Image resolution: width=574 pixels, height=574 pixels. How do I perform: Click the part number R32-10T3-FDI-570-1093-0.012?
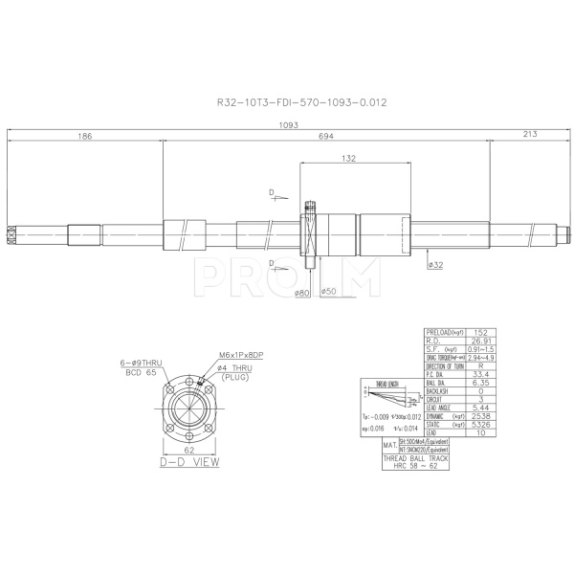coord(289,100)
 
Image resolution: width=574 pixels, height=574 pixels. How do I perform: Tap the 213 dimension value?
coord(530,137)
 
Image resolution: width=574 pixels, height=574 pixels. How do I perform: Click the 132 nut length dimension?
coord(348,159)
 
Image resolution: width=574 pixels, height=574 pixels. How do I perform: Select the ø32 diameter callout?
coord(434,264)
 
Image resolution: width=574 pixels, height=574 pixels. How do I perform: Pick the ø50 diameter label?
coord(327,292)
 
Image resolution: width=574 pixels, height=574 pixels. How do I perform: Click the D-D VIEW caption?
coord(188,462)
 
